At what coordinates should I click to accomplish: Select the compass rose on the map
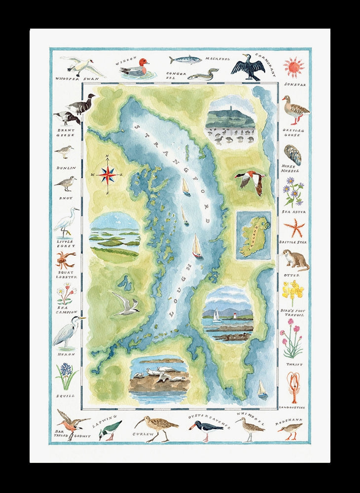107,174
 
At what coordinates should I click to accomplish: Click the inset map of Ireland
253,236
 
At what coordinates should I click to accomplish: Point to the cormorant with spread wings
247,67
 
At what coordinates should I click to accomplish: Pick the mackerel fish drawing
185,60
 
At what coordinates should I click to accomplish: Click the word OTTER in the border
291,275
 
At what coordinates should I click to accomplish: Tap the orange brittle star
294,228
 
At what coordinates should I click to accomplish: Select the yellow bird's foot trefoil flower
292,292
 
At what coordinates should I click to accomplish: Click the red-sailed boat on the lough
197,246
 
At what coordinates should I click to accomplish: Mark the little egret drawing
67,223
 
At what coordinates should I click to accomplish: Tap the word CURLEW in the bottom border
144,434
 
